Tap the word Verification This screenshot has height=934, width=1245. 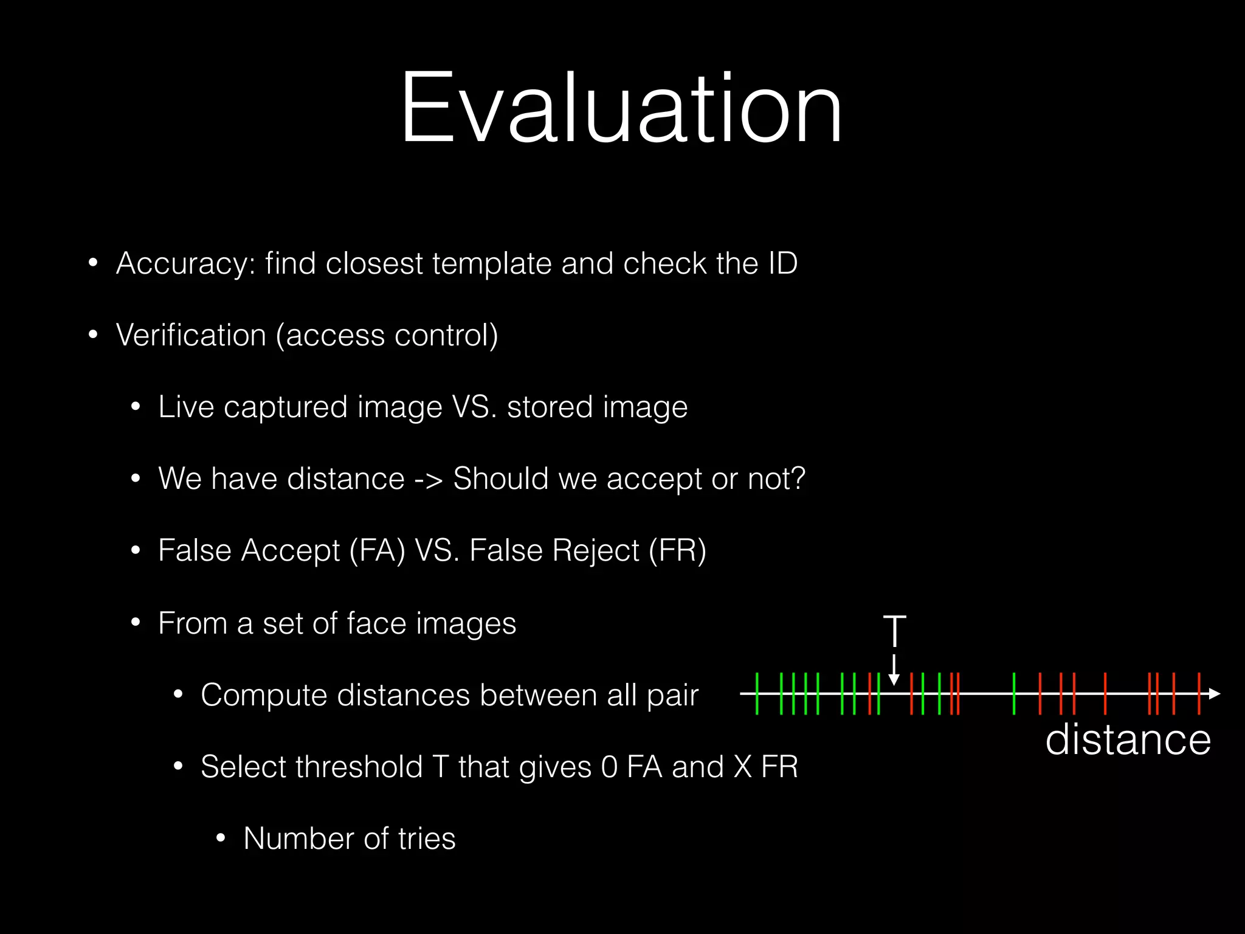191,336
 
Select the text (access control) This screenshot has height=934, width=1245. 387,336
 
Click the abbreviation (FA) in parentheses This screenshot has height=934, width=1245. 377,551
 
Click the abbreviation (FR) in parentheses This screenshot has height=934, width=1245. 677,551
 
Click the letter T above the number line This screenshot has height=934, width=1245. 894,632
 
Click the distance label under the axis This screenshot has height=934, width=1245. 1128,740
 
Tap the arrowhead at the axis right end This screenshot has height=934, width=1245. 1214,694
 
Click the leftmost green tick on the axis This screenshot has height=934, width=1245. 757,694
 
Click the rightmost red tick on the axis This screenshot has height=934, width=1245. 1199,694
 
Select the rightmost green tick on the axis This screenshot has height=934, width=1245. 1014,694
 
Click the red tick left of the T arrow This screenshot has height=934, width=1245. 870,694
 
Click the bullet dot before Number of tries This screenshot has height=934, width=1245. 221,839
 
